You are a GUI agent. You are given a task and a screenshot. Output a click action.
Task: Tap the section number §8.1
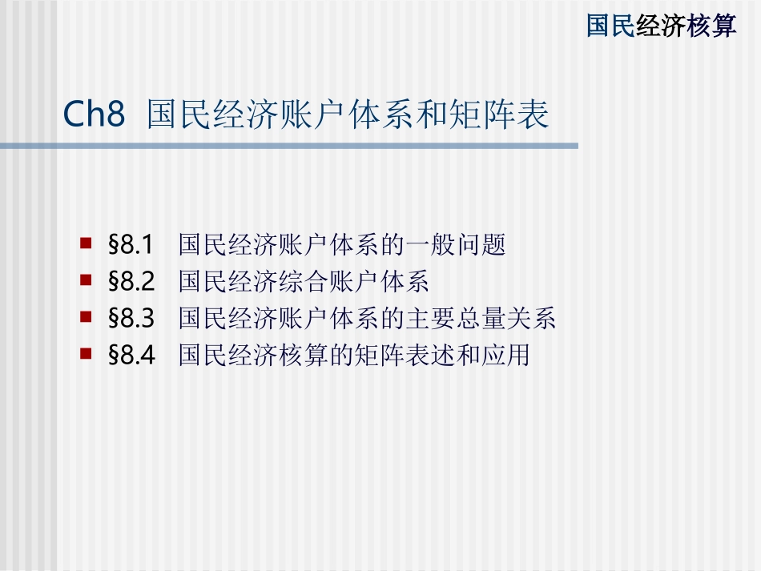click(x=131, y=244)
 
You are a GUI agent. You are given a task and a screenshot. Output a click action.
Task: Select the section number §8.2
click(x=131, y=281)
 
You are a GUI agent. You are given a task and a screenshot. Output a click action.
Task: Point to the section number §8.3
click(x=131, y=319)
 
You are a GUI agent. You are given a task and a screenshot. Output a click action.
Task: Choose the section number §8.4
click(x=131, y=356)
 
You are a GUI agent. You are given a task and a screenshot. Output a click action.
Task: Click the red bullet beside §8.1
click(x=86, y=241)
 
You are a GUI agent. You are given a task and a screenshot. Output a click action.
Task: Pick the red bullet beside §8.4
click(x=86, y=352)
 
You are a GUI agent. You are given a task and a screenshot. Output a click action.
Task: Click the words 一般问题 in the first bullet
click(x=468, y=244)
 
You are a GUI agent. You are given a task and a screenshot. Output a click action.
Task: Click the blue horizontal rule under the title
click(x=288, y=146)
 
